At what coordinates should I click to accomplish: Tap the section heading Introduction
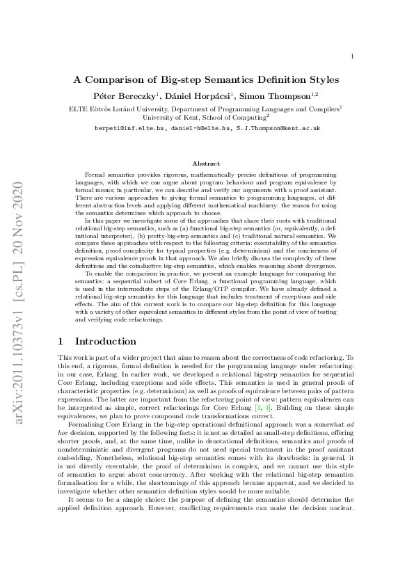coord(105,342)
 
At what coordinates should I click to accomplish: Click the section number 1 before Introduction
coord(61,342)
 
